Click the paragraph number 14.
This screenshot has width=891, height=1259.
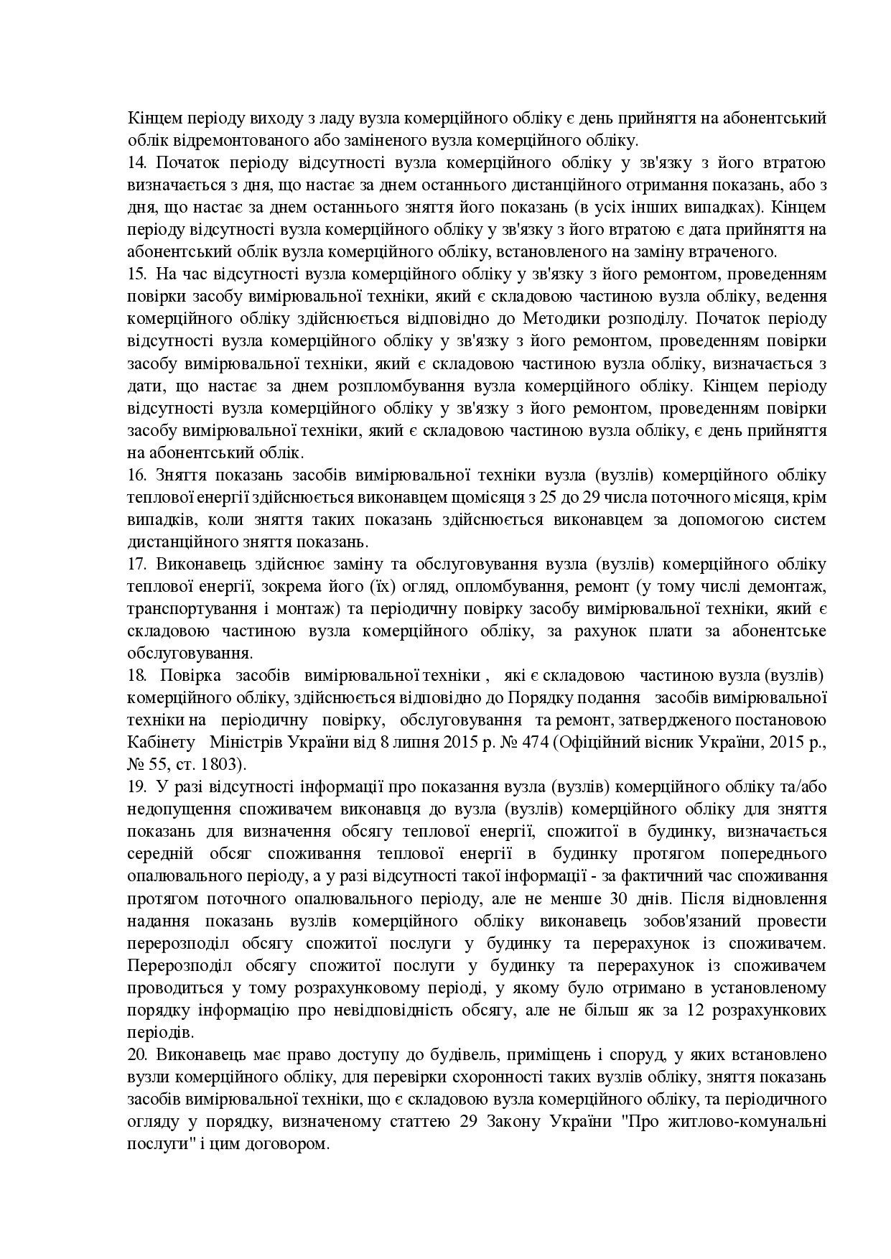[x=136, y=163]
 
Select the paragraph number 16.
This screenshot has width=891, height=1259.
[x=136, y=475]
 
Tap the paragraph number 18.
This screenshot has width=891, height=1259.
[x=136, y=675]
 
